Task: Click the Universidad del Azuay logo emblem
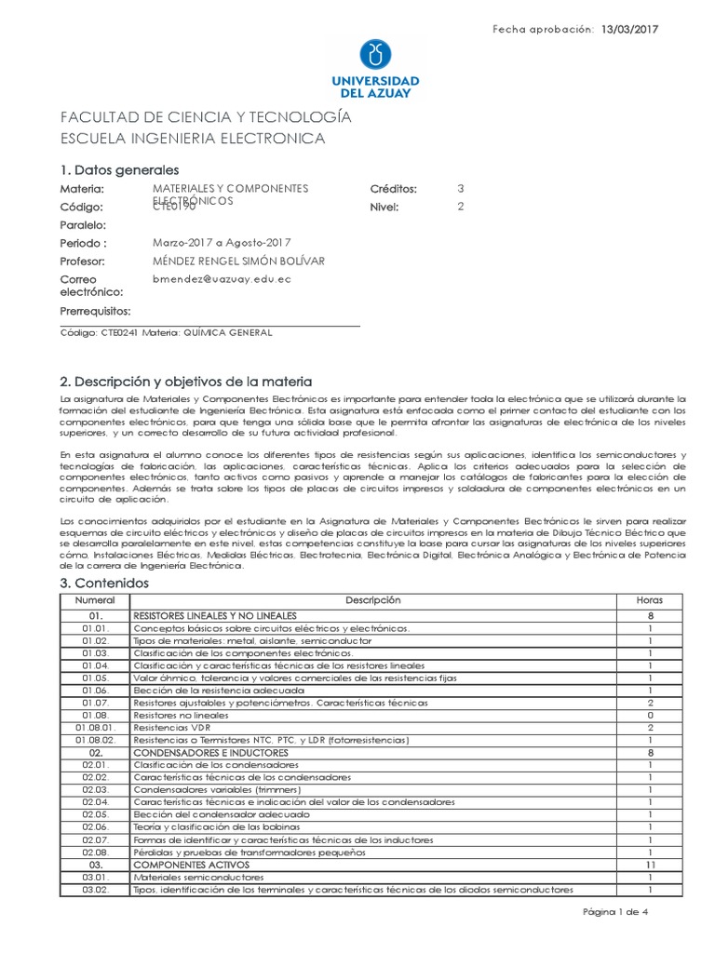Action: click(x=375, y=53)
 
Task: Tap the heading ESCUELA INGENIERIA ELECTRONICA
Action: click(x=192, y=139)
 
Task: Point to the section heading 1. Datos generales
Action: click(x=119, y=170)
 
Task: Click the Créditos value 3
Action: click(x=460, y=189)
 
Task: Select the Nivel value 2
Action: click(x=460, y=207)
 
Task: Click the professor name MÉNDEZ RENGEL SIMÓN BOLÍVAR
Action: click(x=238, y=262)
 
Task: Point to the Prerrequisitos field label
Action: click(x=95, y=311)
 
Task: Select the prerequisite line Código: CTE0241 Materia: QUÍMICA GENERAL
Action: click(x=166, y=332)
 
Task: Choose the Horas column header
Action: click(x=649, y=601)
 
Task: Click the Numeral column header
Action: click(x=94, y=601)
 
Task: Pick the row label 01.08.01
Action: click(x=94, y=727)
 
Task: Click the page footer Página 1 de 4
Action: click(x=615, y=912)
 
